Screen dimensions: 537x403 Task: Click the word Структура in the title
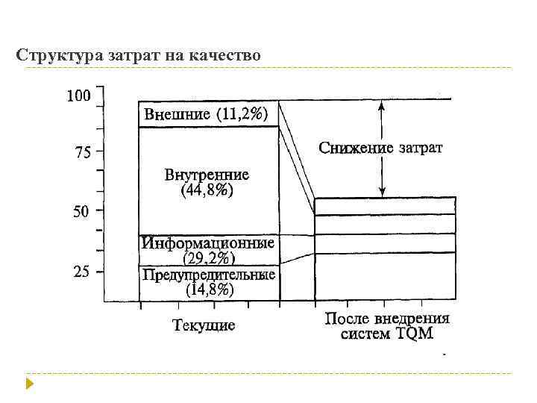point(51,55)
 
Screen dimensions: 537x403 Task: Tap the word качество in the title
point(227,55)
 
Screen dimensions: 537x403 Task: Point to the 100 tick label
point(78,96)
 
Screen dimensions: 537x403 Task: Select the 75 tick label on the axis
point(81,154)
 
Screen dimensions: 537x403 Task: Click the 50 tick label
point(81,212)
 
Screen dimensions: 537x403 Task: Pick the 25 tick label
point(81,272)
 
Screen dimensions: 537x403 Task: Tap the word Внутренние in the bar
point(207,176)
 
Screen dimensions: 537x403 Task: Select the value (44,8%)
point(207,191)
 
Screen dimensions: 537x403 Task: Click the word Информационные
point(207,243)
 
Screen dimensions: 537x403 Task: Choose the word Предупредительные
point(208,275)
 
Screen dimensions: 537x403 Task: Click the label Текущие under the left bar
point(204,325)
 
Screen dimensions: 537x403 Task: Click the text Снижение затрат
point(380,148)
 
